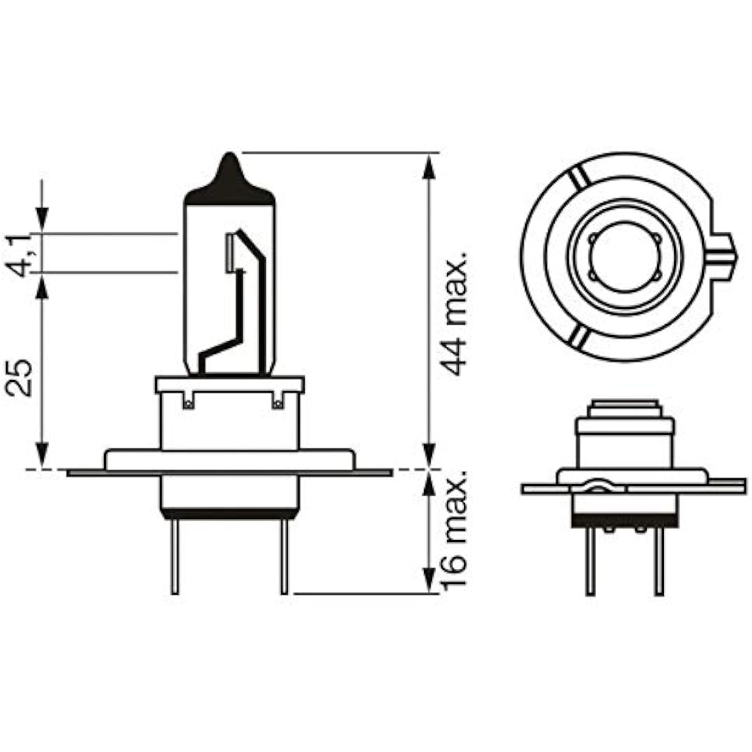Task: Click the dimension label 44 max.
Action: point(454,312)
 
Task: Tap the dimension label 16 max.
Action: point(454,530)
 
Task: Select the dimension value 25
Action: point(20,377)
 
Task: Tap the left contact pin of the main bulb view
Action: point(175,556)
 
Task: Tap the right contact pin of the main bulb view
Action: point(284,556)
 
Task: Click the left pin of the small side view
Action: point(591,561)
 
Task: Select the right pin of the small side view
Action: point(660,561)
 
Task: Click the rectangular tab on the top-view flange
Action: point(723,257)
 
